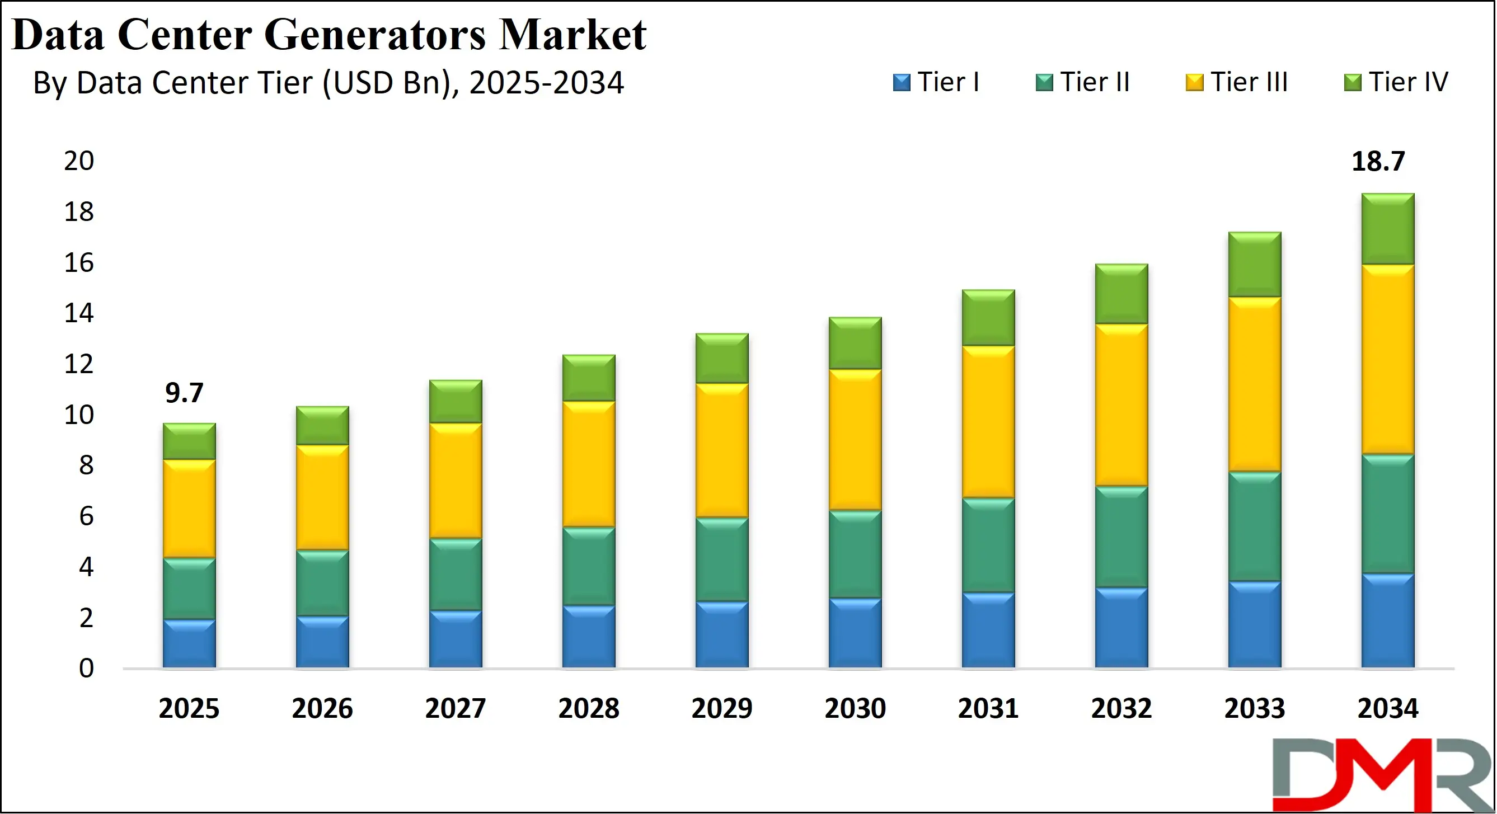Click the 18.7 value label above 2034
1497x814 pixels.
pyautogui.click(x=1377, y=162)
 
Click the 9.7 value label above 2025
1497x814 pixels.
pyautogui.click(x=184, y=393)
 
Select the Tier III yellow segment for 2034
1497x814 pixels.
pyautogui.click(x=1387, y=359)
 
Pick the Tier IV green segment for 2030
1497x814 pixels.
pyautogui.click(x=855, y=343)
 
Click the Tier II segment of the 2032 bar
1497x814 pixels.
pyautogui.click(x=1121, y=537)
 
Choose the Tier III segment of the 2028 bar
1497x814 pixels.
pyautogui.click(x=589, y=464)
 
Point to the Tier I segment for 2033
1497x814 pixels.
pyautogui.click(x=1254, y=624)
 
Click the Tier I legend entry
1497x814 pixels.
pyautogui.click(x=936, y=82)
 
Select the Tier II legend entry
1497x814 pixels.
pyautogui.click(x=1083, y=82)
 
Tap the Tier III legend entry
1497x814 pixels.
pyautogui.click(x=1237, y=82)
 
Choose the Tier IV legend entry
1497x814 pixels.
pyautogui.click(x=1396, y=82)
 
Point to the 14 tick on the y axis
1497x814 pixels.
pyautogui.click(x=78, y=314)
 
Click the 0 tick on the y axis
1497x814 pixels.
pyautogui.click(x=86, y=669)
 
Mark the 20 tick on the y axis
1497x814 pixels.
pyautogui.click(x=78, y=161)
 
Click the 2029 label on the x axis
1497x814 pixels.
pyautogui.click(x=722, y=708)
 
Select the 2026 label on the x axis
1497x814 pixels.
pyautogui.click(x=322, y=708)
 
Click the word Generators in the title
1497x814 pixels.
pyautogui.click(x=374, y=35)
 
